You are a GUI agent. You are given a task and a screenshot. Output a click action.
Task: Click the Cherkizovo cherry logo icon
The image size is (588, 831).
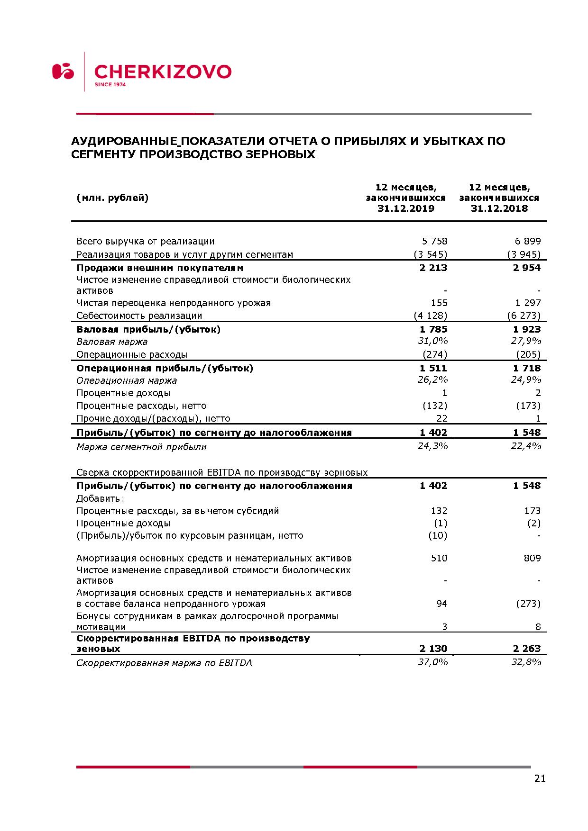[x=63, y=72]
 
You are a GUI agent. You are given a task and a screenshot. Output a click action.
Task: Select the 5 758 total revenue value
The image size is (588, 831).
[x=434, y=242]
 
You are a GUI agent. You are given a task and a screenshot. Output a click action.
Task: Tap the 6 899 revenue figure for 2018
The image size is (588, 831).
[x=528, y=242]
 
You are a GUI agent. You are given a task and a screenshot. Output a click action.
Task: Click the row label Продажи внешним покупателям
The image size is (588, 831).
[x=160, y=268]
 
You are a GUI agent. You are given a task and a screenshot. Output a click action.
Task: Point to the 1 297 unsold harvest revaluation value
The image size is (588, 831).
[x=528, y=303]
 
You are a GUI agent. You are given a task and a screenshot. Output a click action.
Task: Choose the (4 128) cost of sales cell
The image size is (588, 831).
[x=430, y=316]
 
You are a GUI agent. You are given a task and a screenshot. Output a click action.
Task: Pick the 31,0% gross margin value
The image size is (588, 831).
[x=432, y=341]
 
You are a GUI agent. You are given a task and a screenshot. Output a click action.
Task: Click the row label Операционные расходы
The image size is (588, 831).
[x=132, y=354]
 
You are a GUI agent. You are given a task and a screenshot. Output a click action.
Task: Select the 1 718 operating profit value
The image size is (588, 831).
[x=527, y=368]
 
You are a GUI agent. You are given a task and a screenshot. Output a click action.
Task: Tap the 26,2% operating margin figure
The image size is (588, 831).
[x=432, y=380]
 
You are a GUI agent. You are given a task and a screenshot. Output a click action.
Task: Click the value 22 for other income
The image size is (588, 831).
[x=442, y=418]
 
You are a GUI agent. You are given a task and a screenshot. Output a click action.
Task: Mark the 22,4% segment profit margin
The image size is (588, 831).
[x=526, y=446]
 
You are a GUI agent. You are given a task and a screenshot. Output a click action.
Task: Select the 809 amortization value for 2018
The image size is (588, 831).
[x=533, y=558]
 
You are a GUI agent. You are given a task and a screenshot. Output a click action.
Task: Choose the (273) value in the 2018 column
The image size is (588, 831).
[x=528, y=604]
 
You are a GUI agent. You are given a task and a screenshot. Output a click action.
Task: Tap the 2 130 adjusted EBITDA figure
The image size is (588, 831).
[x=433, y=649]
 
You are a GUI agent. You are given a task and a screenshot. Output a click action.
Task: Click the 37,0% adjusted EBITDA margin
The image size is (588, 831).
[x=432, y=662]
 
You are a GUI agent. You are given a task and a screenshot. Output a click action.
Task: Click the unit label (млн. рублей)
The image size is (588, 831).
[x=112, y=198]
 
